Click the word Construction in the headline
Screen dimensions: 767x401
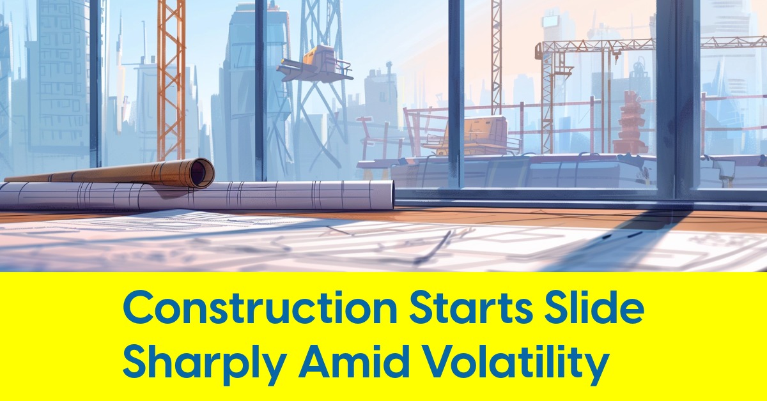click(x=260, y=308)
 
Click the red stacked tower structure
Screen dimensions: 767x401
click(x=631, y=123)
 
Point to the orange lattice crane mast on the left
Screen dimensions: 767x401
click(x=171, y=80)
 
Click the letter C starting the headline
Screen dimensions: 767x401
click(x=137, y=308)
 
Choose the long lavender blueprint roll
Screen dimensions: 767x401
click(x=197, y=195)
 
